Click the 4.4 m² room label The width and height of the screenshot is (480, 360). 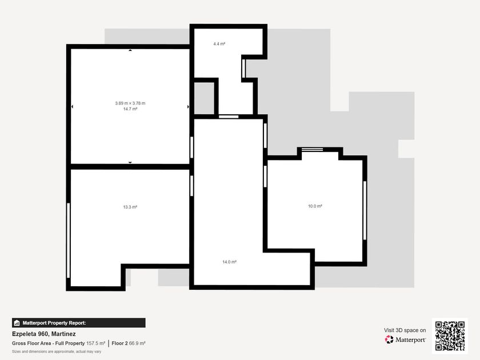219,44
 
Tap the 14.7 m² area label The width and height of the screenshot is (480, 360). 130,109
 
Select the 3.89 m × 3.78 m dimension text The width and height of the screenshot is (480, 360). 130,103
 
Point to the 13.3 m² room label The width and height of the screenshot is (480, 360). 130,207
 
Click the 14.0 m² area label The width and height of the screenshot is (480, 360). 229,262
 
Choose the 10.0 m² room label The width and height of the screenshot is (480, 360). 315,206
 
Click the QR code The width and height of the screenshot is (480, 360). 450,336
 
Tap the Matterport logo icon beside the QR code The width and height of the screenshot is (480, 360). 389,339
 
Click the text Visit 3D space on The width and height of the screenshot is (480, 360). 405,330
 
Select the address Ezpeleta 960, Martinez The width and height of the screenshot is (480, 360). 44,334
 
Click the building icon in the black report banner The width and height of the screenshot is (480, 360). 17,323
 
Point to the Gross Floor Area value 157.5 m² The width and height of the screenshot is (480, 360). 95,343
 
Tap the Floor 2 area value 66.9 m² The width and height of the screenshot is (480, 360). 137,343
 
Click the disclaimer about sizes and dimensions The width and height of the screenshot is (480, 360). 57,351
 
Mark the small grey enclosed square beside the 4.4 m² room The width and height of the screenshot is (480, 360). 204,98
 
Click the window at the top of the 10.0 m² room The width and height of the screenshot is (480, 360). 312,149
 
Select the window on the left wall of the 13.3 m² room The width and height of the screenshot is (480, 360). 68,241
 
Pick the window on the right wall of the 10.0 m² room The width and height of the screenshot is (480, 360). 365,210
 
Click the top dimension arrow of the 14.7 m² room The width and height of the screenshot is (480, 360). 130,50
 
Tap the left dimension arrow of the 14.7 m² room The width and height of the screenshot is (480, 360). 72,106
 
